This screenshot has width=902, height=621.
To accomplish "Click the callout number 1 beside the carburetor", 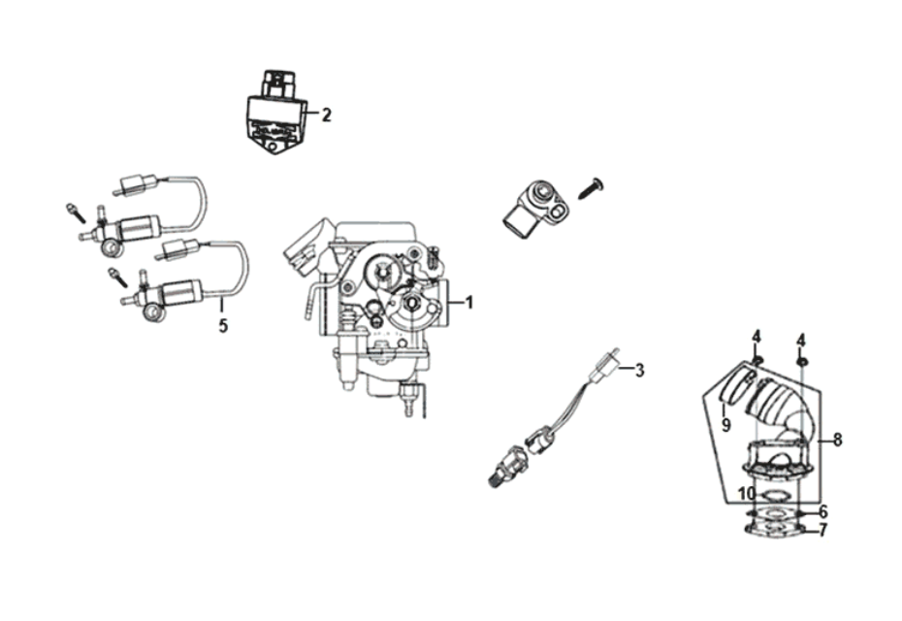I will pyautogui.click(x=469, y=302).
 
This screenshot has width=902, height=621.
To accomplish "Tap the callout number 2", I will pyautogui.click(x=327, y=115).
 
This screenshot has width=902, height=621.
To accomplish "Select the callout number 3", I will pyautogui.click(x=639, y=370).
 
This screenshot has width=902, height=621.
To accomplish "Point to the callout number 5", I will pyautogui.click(x=223, y=326).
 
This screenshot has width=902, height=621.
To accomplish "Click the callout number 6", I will pyautogui.click(x=822, y=511).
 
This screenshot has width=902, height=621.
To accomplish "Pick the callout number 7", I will pyautogui.click(x=823, y=531).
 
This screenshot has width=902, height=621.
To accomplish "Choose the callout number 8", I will pyautogui.click(x=837, y=440).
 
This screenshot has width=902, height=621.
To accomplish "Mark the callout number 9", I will pyautogui.click(x=725, y=424).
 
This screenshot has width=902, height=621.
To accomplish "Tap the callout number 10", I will pyautogui.click(x=745, y=493).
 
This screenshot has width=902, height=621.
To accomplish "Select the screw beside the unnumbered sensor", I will pyautogui.click(x=589, y=188).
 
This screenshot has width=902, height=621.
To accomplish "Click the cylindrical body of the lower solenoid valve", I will pyautogui.click(x=181, y=291).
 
